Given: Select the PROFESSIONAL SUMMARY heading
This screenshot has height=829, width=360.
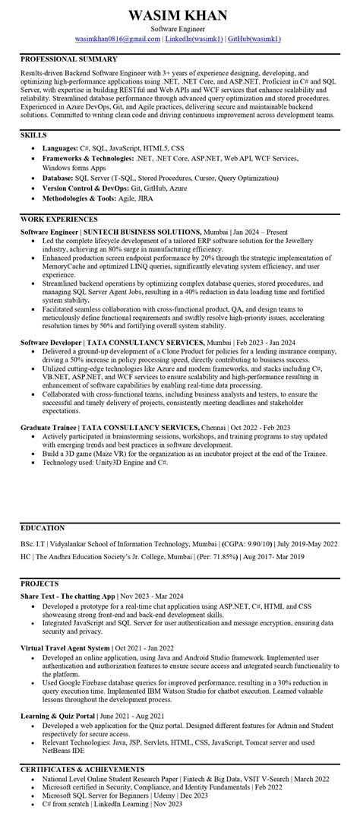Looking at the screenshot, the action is click(x=68, y=59).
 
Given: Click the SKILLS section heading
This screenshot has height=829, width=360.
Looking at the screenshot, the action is click(x=35, y=134).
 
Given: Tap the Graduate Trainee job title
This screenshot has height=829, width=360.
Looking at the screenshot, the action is click(x=49, y=428).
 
